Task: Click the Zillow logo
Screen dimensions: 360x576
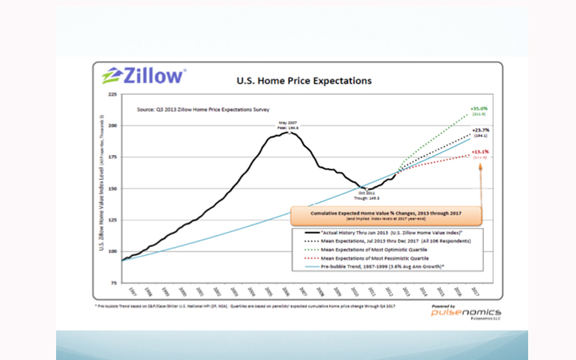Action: tap(145, 76)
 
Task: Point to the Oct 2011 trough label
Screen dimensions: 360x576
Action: tap(365, 195)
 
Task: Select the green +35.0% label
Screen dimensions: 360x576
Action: tap(479, 108)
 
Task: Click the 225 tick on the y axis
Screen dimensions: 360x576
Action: tap(113, 94)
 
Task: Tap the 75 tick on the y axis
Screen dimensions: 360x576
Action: tap(113, 284)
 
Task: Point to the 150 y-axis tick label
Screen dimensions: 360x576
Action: tap(113, 189)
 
